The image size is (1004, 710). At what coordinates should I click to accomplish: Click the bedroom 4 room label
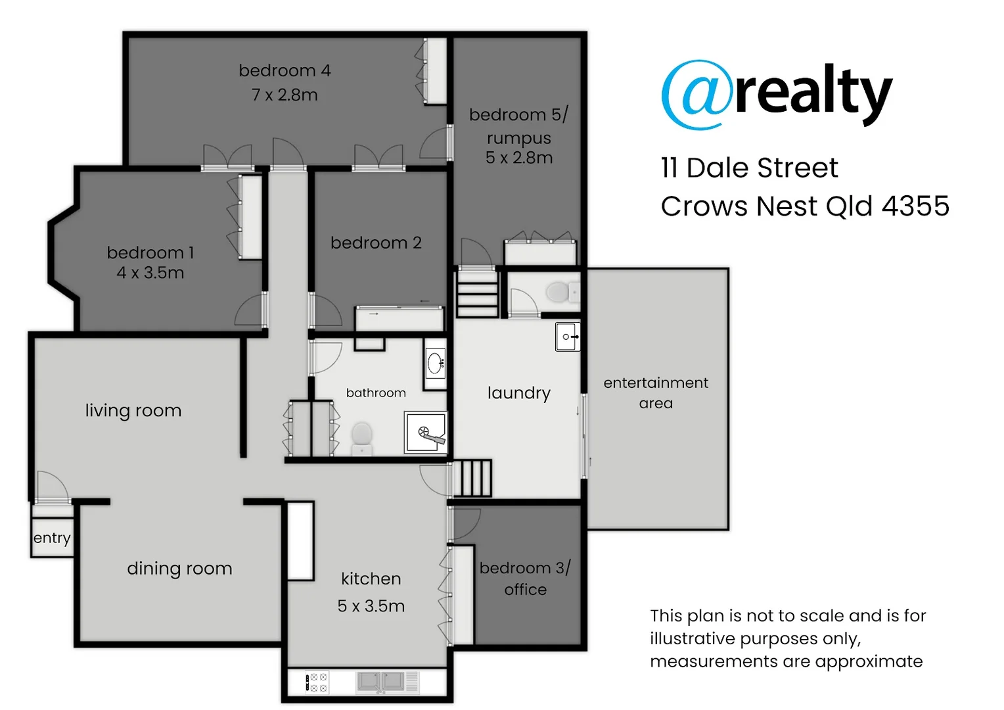pos(285,70)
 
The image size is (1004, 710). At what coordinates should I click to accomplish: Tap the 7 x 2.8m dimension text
pos(285,95)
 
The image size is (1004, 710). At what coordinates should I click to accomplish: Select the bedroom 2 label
pos(376,243)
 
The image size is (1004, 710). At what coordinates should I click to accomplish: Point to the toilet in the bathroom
pos(362,437)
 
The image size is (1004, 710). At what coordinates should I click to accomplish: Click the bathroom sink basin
pos(435,363)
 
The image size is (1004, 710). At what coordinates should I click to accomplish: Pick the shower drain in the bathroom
pos(423,432)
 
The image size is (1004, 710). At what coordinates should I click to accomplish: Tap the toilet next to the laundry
pos(559,291)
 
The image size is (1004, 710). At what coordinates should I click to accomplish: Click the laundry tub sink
pos(568,337)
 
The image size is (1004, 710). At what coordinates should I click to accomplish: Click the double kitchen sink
pos(380,682)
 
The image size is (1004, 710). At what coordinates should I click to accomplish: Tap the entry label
pos(52,538)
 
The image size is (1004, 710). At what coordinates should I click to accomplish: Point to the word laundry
pos(519,393)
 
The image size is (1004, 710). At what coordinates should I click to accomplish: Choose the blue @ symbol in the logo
pos(696,95)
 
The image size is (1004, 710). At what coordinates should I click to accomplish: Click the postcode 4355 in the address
pos(915,206)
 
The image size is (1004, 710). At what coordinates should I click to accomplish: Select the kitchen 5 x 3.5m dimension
pos(371,605)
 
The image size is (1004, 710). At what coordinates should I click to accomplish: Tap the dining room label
pos(179,568)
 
